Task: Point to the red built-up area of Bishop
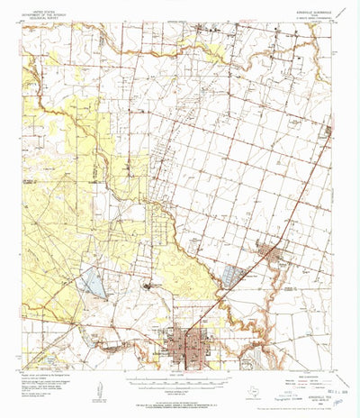point(269,255)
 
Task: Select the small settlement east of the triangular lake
point(148,286)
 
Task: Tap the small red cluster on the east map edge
point(328,132)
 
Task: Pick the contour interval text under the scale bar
point(180,388)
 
